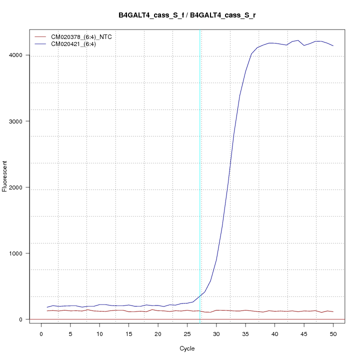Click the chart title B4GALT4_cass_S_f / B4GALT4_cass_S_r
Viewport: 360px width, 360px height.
pyautogui.click(x=187, y=15)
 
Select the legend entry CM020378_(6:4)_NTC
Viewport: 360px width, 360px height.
pyautogui.click(x=84, y=37)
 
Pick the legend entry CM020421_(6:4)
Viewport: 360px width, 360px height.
pyautogui.click(x=77, y=44)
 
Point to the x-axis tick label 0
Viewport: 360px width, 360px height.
pyautogui.click(x=41, y=333)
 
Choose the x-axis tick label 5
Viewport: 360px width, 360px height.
pyautogui.click(x=70, y=333)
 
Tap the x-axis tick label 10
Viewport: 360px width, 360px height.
pyautogui.click(x=99, y=333)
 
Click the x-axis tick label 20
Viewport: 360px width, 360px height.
pyautogui.click(x=158, y=333)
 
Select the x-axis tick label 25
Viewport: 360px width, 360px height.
pyautogui.click(x=187, y=333)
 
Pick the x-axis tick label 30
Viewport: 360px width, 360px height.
pyautogui.click(x=216, y=333)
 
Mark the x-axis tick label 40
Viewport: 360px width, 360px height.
pyautogui.click(x=274, y=333)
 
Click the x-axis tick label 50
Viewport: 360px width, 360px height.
pyautogui.click(x=333, y=333)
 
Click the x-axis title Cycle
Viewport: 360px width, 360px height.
pyautogui.click(x=187, y=348)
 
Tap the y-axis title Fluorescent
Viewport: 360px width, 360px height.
pyautogui.click(x=5, y=176)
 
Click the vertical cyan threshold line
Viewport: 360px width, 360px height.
pyautogui.click(x=200, y=150)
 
